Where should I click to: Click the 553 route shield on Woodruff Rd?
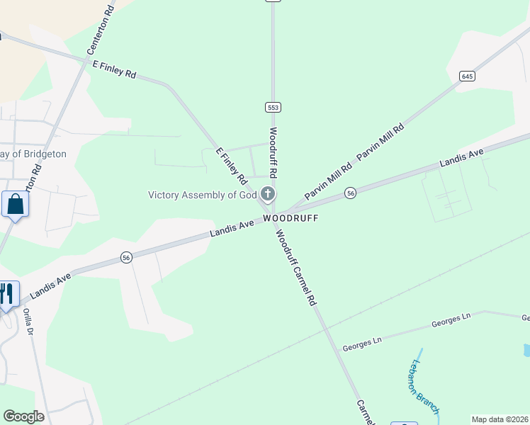click(x=274, y=107)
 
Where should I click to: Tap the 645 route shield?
click(x=466, y=76)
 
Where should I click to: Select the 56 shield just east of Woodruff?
click(x=350, y=193)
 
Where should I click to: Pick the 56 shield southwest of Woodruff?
click(x=126, y=257)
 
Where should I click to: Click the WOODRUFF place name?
click(x=291, y=218)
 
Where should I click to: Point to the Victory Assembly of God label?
click(x=202, y=195)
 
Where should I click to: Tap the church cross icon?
click(x=268, y=193)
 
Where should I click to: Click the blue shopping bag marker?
click(x=14, y=205)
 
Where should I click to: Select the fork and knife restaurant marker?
click(x=6, y=294)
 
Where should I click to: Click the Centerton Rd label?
click(x=100, y=32)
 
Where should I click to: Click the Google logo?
click(x=23, y=416)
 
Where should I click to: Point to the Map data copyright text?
click(x=500, y=419)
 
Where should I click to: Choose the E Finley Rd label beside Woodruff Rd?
click(x=231, y=164)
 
